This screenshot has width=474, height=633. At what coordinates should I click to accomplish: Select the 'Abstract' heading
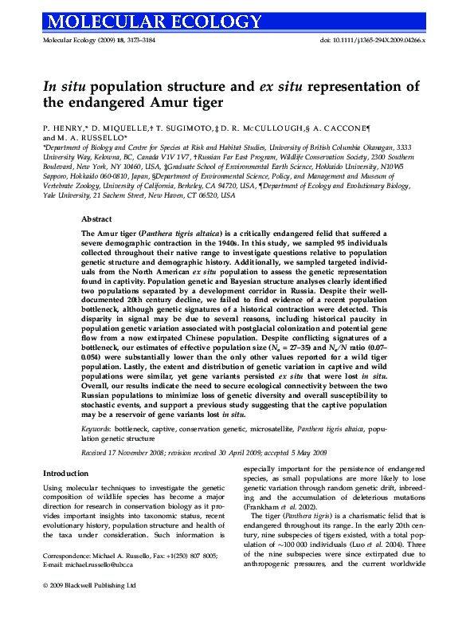[x=96, y=218]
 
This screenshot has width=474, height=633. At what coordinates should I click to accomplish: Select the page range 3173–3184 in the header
[x=131, y=39]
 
